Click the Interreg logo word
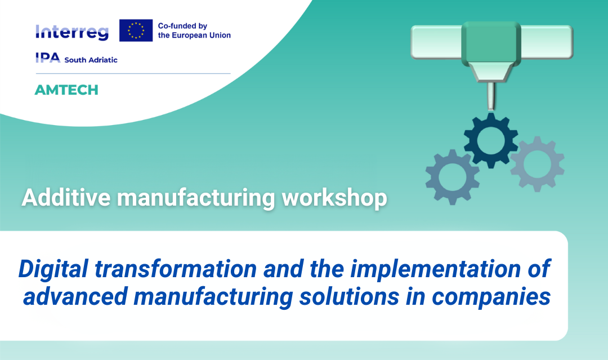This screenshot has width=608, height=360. (71, 32)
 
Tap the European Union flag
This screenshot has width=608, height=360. (136, 30)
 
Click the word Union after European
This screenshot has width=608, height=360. (220, 35)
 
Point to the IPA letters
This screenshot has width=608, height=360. (48, 57)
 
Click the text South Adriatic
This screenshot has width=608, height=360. (91, 60)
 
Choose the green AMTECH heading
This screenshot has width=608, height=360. (66, 90)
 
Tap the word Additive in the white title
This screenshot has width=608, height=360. (66, 197)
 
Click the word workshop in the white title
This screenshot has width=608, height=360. (334, 198)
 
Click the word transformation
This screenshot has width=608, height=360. (176, 269)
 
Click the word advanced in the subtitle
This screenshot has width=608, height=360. (75, 297)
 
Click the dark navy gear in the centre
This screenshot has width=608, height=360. (491, 140)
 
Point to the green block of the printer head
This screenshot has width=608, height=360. (491, 43)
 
